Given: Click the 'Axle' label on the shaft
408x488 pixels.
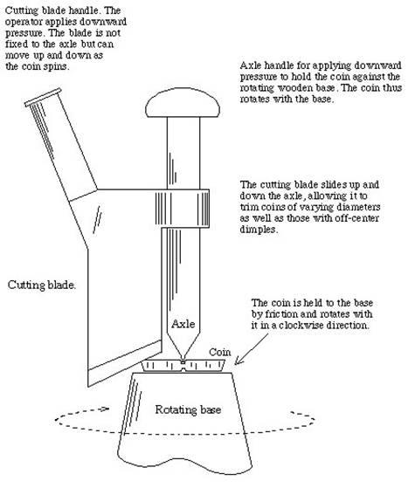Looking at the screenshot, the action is coord(183,324).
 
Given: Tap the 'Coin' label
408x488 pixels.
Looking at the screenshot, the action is coord(220,353).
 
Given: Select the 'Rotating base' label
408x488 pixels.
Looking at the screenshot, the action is coord(188,409).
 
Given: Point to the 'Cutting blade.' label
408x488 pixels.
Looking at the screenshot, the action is coord(41,285).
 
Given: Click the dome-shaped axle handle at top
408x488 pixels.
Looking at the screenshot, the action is coord(183,102).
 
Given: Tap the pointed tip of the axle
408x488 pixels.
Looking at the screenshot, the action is coord(183,361).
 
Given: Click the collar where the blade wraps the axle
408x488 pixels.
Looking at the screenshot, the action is coord(183,208).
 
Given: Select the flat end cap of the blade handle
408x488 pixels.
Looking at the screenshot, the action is coord(43,97).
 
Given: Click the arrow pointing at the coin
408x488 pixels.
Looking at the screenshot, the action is coord(251,349).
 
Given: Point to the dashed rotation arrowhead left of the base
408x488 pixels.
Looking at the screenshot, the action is coord(104,409).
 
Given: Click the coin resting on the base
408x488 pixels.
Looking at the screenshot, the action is coord(183,366).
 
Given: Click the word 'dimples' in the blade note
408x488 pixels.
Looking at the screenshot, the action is coord(259,230).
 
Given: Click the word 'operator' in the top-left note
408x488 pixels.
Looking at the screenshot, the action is coord(24,23).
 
